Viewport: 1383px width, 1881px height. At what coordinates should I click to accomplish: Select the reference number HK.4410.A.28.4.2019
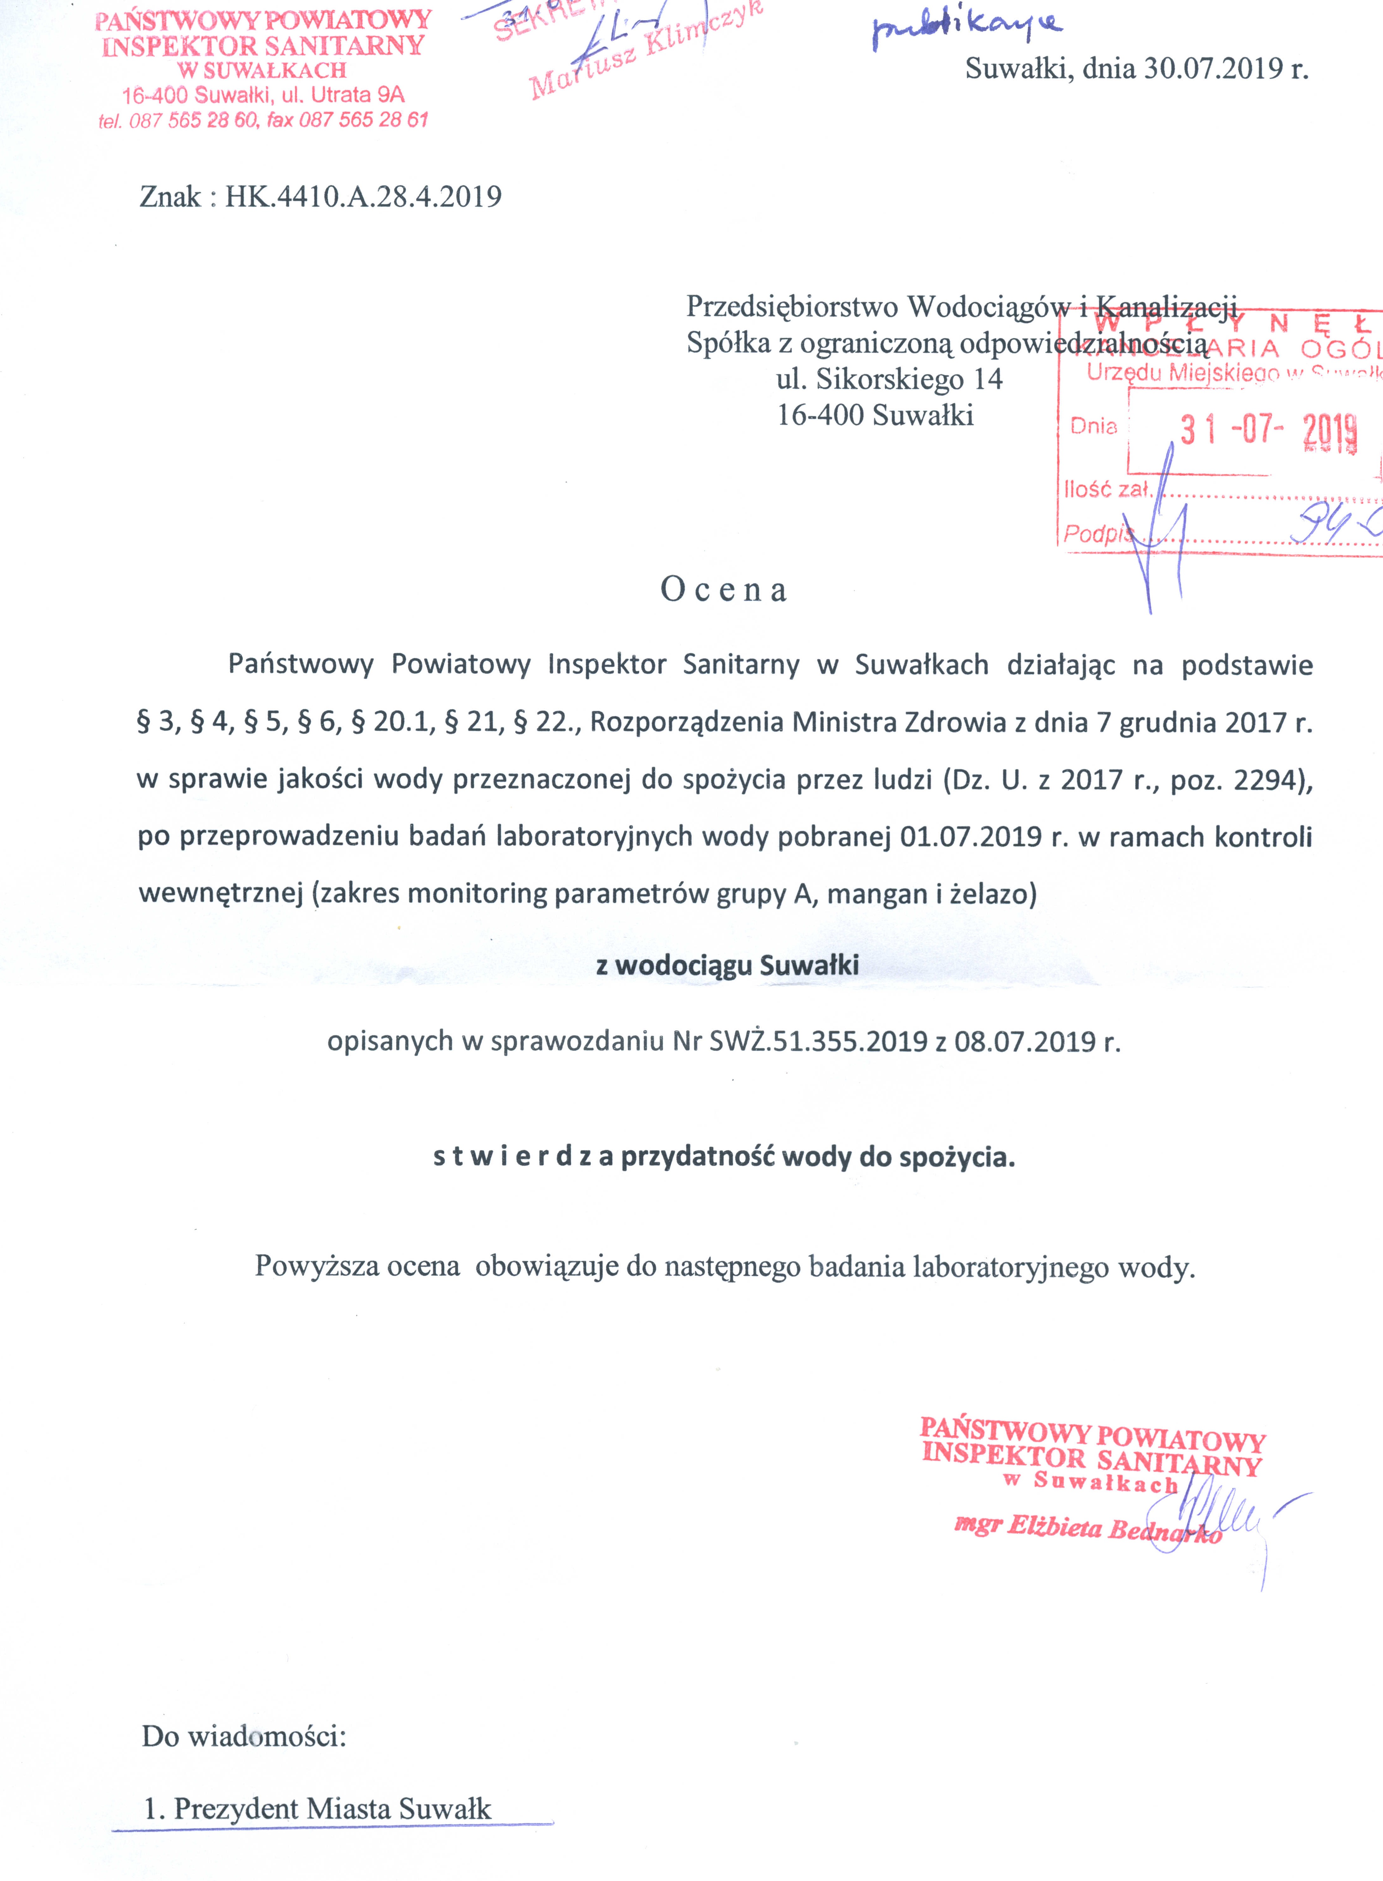click(x=362, y=197)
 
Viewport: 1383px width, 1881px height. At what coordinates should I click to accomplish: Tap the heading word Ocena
click(x=723, y=590)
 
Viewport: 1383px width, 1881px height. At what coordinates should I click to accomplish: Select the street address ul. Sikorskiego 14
click(x=889, y=379)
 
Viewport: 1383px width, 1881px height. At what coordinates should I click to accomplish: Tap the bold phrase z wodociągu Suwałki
click(x=727, y=965)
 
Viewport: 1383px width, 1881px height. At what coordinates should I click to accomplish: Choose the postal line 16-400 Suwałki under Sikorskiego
click(x=875, y=415)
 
